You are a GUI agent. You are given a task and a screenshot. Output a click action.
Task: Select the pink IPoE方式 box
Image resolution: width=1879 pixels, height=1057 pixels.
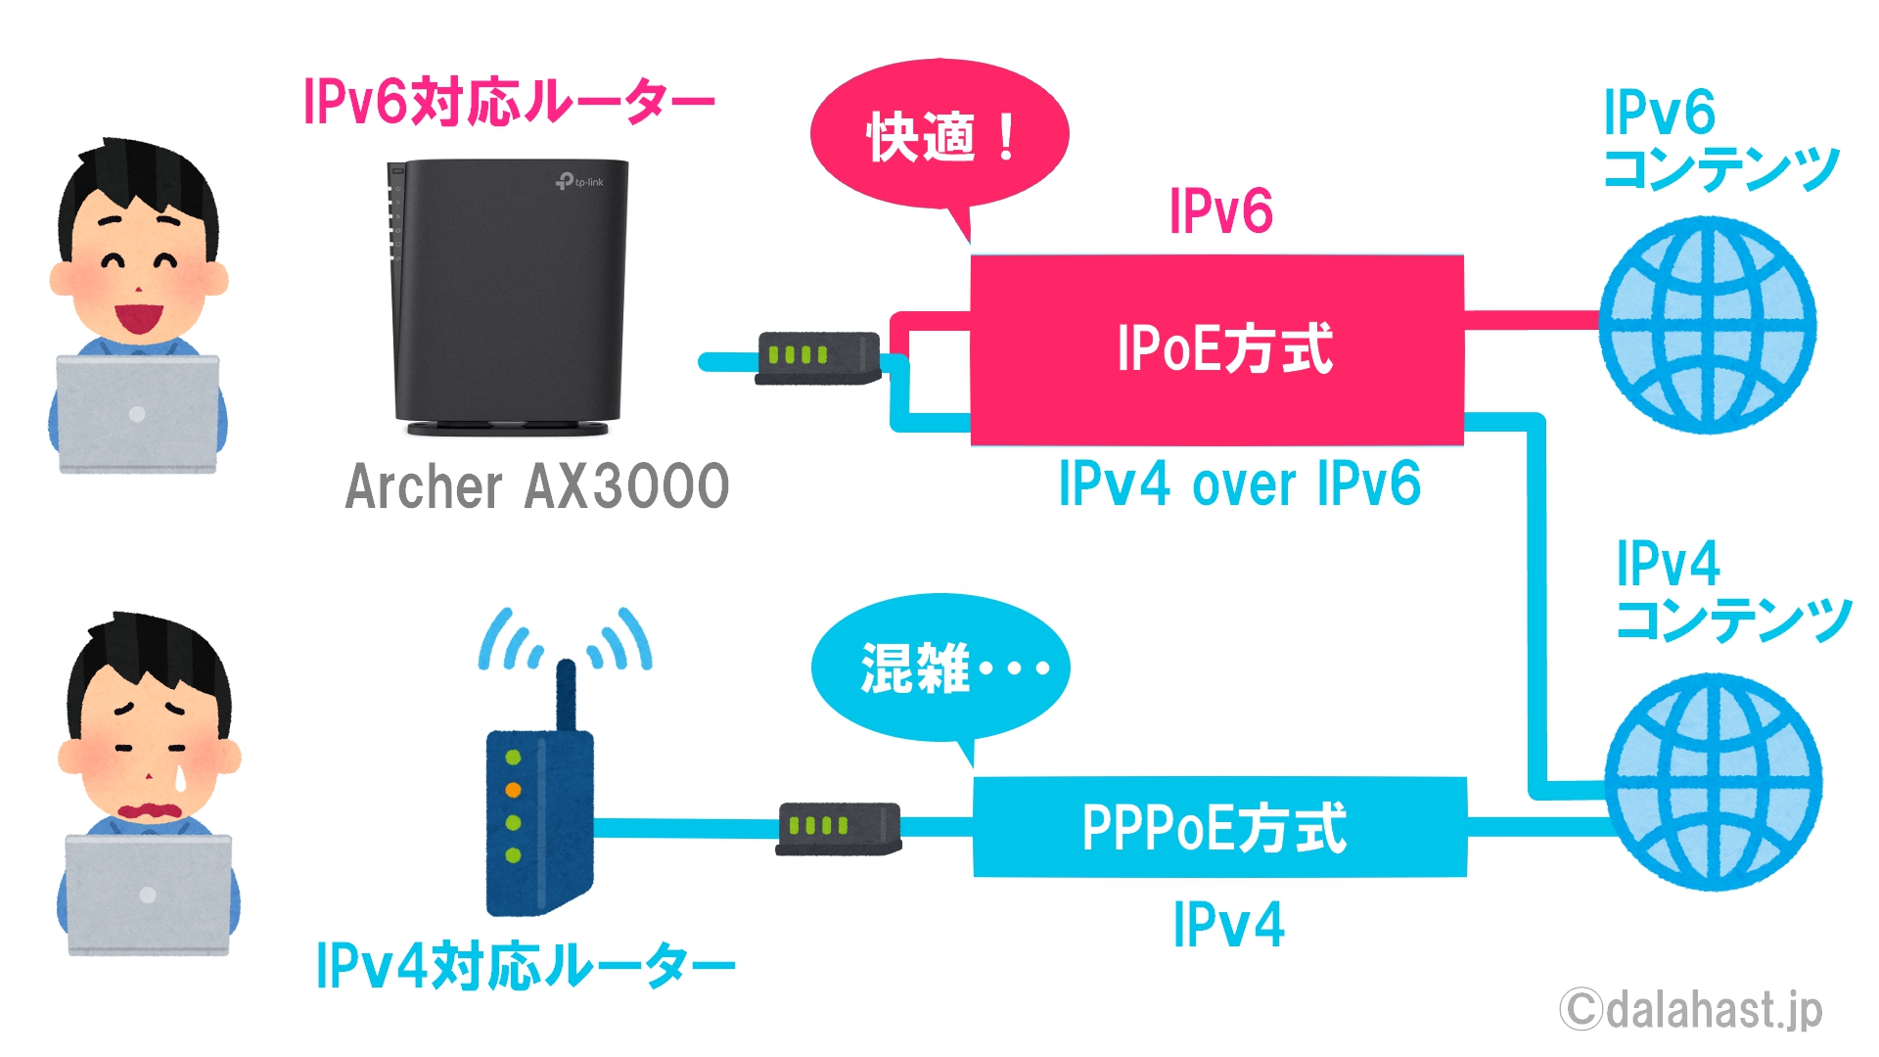coord(1216,349)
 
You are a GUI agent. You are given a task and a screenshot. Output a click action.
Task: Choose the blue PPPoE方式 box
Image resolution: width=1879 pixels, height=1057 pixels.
coord(1219,827)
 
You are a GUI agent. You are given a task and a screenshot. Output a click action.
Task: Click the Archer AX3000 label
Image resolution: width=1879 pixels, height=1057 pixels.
coord(537,486)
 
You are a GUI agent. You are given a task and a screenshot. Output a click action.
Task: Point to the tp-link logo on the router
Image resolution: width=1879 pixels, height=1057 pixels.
coord(579,181)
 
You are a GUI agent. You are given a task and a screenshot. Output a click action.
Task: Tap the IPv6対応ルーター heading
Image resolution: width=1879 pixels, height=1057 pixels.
coord(509,102)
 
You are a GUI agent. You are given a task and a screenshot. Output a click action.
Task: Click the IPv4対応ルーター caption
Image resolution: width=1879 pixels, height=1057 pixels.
coord(526,966)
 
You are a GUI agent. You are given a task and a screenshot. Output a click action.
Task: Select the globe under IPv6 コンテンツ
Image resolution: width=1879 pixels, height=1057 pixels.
coord(1708,325)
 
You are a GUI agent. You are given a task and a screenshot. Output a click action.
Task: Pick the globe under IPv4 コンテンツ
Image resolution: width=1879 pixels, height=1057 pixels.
coord(1713,781)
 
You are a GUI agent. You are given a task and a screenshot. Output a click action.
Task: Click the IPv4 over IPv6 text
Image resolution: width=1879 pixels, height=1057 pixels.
coord(1240,483)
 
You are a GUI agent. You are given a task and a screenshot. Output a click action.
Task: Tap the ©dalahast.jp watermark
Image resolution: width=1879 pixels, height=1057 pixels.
coord(1691,1010)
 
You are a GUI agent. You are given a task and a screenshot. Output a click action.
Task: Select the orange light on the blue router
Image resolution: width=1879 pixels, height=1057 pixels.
coord(513,790)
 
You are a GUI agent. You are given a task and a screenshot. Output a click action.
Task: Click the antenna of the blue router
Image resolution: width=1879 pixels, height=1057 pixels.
coord(565,695)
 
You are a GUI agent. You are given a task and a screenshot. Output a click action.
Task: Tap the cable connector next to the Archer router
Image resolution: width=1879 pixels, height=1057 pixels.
coord(818,358)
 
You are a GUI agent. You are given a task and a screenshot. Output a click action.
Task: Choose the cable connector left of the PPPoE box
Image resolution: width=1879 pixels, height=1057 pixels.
coord(839,828)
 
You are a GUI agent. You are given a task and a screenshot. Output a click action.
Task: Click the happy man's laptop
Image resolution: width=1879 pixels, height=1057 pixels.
coord(137,414)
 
